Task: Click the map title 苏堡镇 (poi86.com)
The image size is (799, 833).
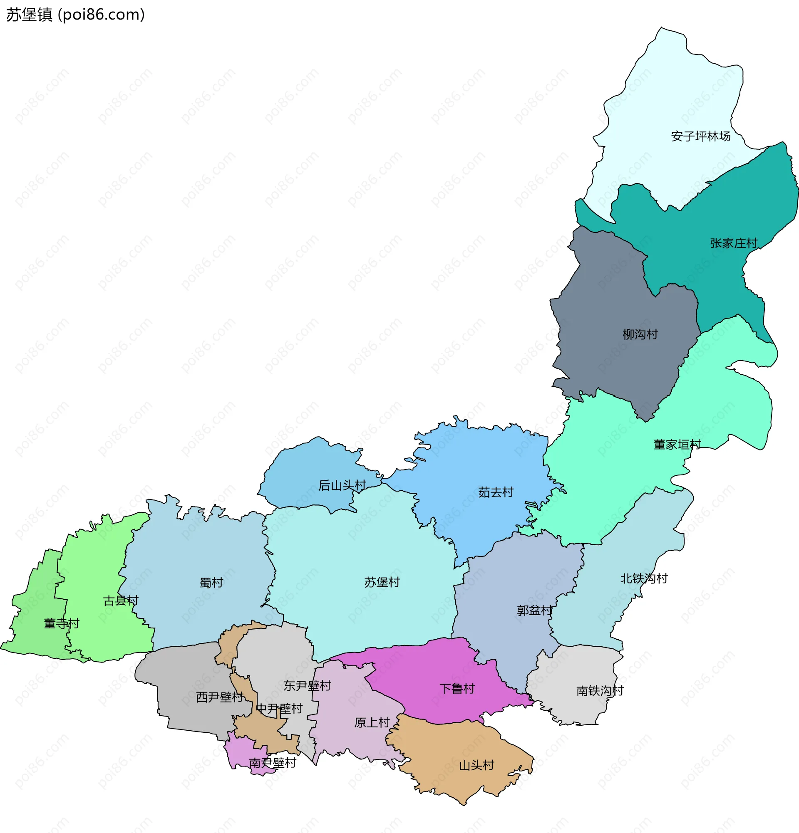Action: pyautogui.click(x=75, y=15)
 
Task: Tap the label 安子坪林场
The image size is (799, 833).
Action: pyautogui.click(x=700, y=136)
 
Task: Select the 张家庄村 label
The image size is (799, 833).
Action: pyautogui.click(x=734, y=244)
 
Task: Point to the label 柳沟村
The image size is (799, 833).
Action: pyautogui.click(x=640, y=334)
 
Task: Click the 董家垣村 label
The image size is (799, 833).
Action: pyautogui.click(x=677, y=445)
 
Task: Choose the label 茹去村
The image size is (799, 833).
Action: pyautogui.click(x=496, y=492)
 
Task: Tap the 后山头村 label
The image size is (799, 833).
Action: pyautogui.click(x=342, y=485)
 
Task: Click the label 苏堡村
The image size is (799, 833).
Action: pyautogui.click(x=382, y=582)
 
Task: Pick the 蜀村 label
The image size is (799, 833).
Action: pyautogui.click(x=211, y=583)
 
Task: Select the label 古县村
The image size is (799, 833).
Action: pyautogui.click(x=121, y=601)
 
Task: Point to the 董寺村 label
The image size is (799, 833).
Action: pyautogui.click(x=62, y=623)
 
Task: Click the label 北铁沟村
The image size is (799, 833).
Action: pyautogui.click(x=644, y=578)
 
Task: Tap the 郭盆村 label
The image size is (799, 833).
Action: pyautogui.click(x=534, y=611)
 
